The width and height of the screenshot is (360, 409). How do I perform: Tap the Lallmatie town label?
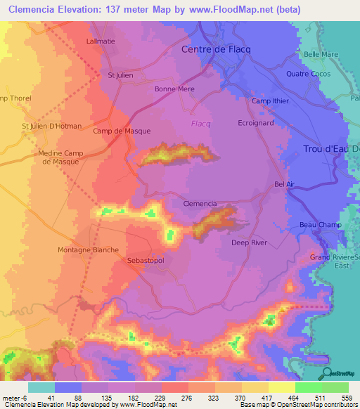[x=101, y=42]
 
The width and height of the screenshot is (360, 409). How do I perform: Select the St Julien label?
[x=120, y=75]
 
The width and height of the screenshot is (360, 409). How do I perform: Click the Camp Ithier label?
[x=270, y=101]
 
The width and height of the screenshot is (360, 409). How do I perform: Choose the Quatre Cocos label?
[x=308, y=74]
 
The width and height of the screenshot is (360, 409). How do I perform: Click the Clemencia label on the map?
[x=200, y=203]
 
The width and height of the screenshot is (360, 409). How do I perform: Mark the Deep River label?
[x=249, y=243]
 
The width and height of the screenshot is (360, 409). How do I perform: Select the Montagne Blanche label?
[x=88, y=249]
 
